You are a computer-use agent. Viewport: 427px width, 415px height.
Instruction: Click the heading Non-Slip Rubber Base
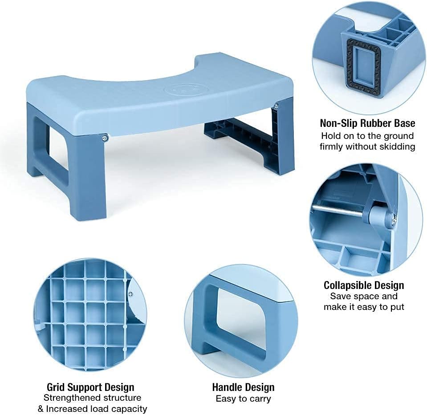pos(367,123)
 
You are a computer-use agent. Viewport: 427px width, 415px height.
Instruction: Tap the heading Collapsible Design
pos(364,285)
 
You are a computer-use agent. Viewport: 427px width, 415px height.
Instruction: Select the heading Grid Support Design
pos(90,387)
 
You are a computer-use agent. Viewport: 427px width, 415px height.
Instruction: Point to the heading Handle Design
pos(243,387)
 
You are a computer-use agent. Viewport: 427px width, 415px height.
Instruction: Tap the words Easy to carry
pos(243,399)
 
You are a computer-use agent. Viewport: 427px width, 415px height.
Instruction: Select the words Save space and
pos(364,296)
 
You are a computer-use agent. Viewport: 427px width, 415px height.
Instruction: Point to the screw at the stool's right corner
pos(277,106)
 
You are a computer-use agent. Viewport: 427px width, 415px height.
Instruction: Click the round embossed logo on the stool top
pos(177,89)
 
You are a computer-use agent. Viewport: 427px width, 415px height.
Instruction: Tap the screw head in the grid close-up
pos(130,294)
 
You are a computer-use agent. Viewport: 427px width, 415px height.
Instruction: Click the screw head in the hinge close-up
pos(393,219)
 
